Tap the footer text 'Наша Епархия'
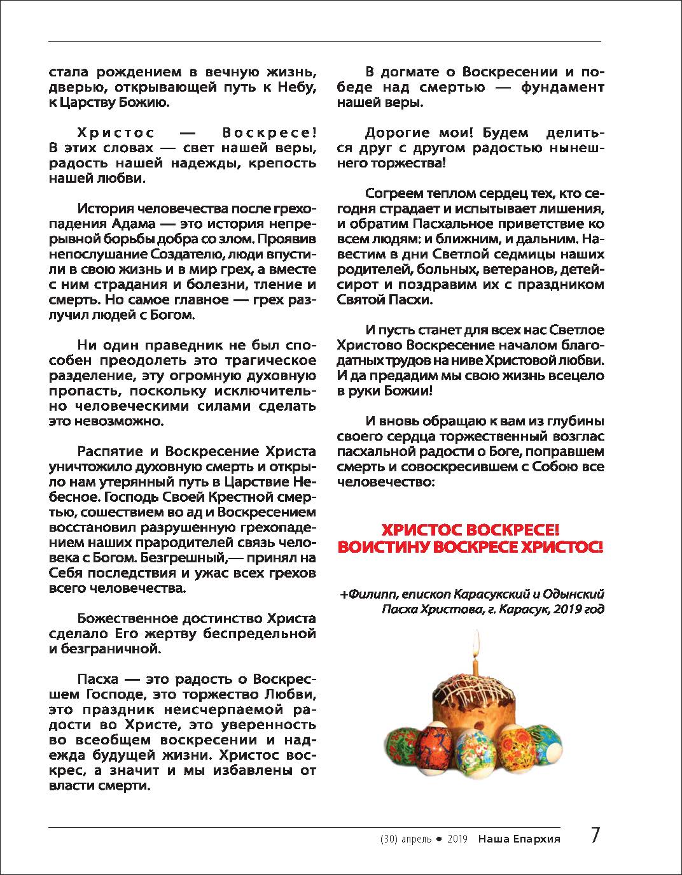click(519, 839)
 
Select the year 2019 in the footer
click(457, 839)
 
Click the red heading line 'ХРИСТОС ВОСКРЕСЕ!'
click(470, 530)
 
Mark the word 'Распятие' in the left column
click(111, 452)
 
